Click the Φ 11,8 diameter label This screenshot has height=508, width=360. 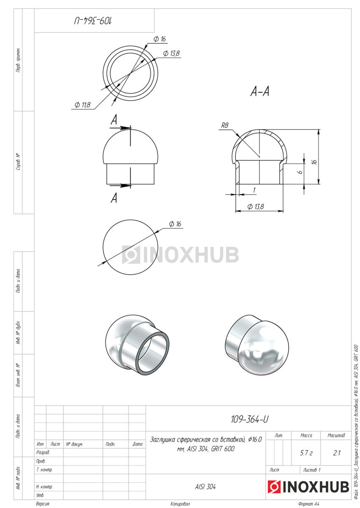click(82, 105)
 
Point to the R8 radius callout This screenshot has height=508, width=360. click(225, 125)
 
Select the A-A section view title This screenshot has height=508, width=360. click(260, 91)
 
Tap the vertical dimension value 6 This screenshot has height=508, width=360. click(300, 172)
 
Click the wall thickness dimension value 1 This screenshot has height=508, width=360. click(254, 190)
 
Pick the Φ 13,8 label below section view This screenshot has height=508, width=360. click(256, 207)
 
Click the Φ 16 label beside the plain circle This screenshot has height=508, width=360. click(175, 224)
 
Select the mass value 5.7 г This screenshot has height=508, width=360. click(306, 453)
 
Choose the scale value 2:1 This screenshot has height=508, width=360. click(336, 453)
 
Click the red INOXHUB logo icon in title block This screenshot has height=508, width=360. click(274, 487)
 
